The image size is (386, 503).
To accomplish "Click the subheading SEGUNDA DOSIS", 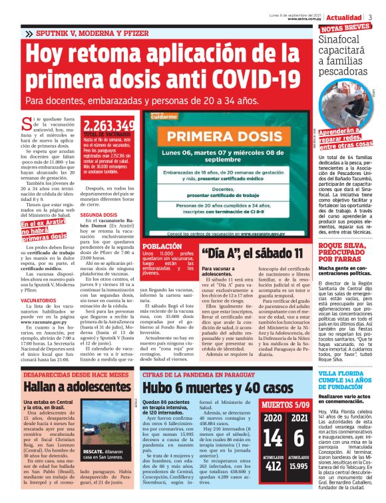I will [x=100, y=216].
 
